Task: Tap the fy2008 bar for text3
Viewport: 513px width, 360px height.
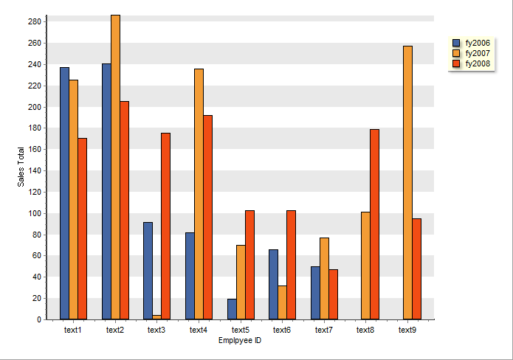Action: pyautogui.click(x=165, y=226)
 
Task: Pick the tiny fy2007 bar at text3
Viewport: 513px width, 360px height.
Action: pyautogui.click(x=156, y=317)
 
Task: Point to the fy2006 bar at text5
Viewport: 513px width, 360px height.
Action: pyautogui.click(x=232, y=309)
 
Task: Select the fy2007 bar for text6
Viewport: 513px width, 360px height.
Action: pyautogui.click(x=282, y=302)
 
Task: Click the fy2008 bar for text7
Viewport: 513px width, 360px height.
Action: pyautogui.click(x=333, y=294)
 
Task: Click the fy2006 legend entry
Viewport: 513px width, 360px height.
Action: pyautogui.click(x=472, y=43)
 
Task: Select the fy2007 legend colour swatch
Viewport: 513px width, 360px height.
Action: pyautogui.click(x=456, y=54)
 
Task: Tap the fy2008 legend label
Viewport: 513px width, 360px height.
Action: pyautogui.click(x=478, y=64)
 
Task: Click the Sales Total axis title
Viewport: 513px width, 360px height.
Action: pyautogui.click(x=22, y=167)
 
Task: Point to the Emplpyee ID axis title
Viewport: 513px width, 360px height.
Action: pyautogui.click(x=240, y=340)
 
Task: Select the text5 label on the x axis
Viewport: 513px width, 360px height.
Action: pyautogui.click(x=240, y=330)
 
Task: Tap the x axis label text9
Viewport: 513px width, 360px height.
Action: pyautogui.click(x=407, y=330)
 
